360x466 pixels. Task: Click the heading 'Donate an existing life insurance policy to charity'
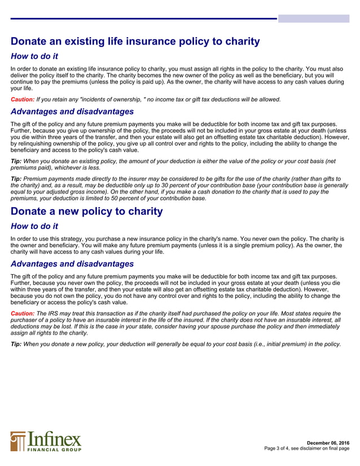pyautogui.click(x=135, y=41)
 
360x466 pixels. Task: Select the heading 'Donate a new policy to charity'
pyautogui.click(x=87, y=212)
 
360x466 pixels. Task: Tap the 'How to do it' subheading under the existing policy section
pyautogui.click(x=34, y=56)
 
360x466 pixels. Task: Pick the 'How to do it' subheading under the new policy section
pyautogui.click(x=34, y=226)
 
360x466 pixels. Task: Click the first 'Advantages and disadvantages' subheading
pyautogui.click(x=72, y=111)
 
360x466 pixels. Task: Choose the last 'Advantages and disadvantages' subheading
pyautogui.click(x=72, y=263)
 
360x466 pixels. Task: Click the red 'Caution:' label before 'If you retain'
pyautogui.click(x=23, y=99)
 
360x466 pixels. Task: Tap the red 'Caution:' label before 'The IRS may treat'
pyautogui.click(x=23, y=313)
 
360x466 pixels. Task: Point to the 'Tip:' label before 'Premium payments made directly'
pyautogui.click(x=16, y=178)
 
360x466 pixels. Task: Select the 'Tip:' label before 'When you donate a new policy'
pyautogui.click(x=16, y=344)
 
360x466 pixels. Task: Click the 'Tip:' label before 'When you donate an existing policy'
pyautogui.click(x=16, y=160)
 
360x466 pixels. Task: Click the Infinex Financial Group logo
pyautogui.click(x=46, y=441)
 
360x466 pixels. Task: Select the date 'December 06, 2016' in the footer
pyautogui.click(x=328, y=442)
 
